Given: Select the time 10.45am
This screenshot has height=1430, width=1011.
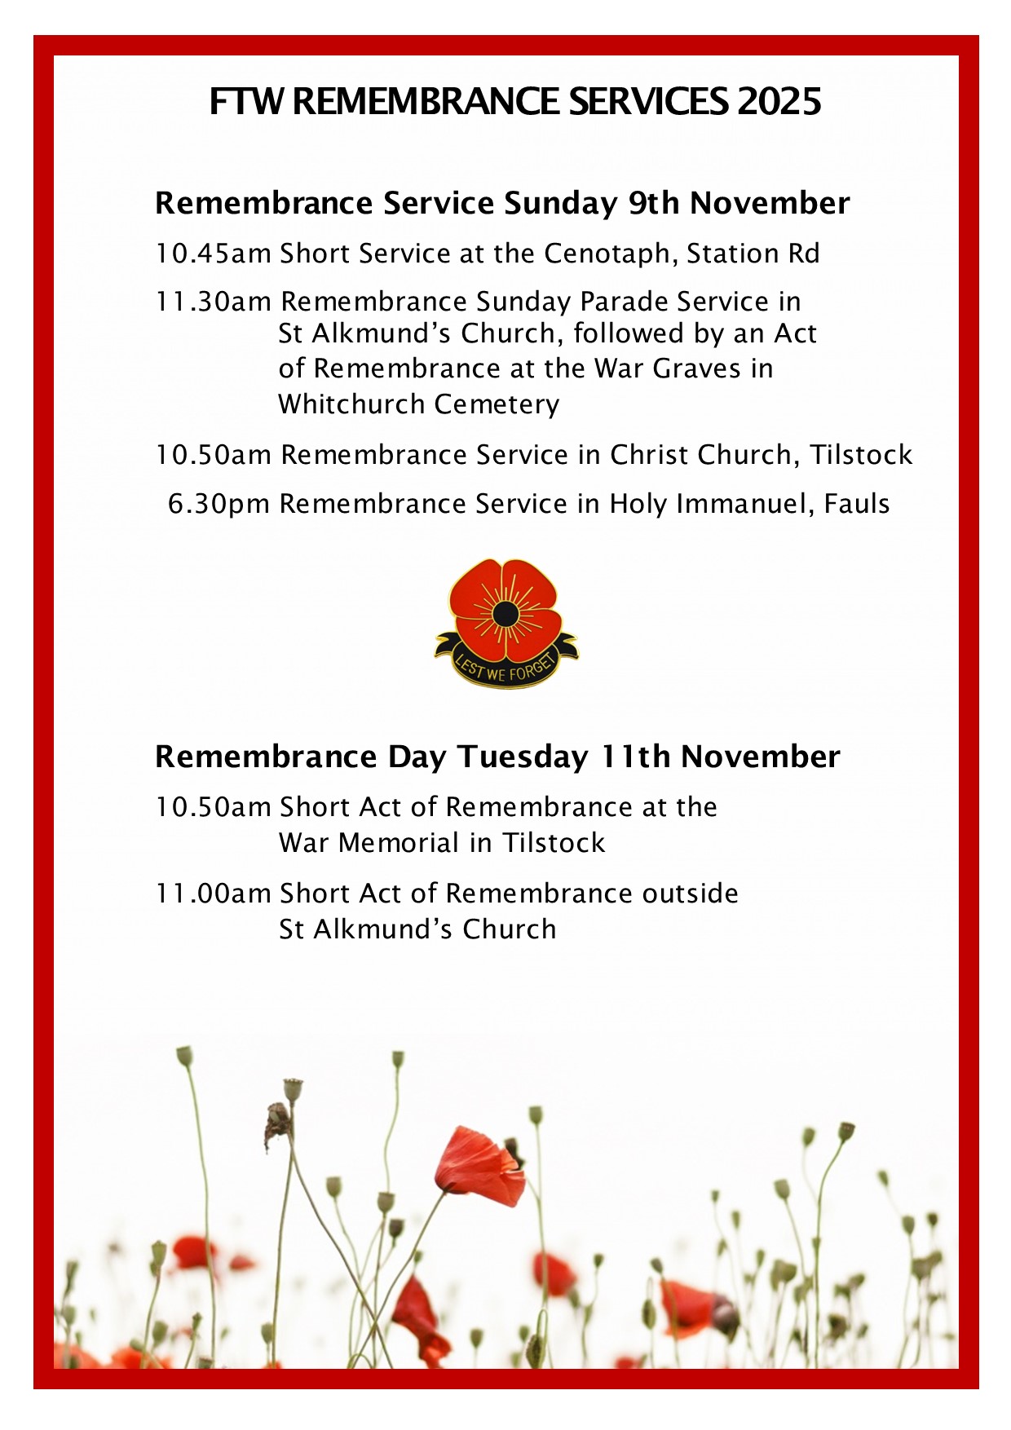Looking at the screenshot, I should (x=213, y=254).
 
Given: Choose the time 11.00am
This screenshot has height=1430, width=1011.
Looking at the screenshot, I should (x=213, y=894).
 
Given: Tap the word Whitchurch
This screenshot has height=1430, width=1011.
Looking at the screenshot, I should (x=351, y=404).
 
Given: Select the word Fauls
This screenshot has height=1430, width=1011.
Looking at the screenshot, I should (x=856, y=504).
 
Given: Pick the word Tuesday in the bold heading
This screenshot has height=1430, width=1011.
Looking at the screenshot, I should (x=522, y=757).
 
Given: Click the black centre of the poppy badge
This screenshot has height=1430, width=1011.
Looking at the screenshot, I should (x=505, y=614).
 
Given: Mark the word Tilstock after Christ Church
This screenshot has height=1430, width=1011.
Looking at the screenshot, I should (x=860, y=455).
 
